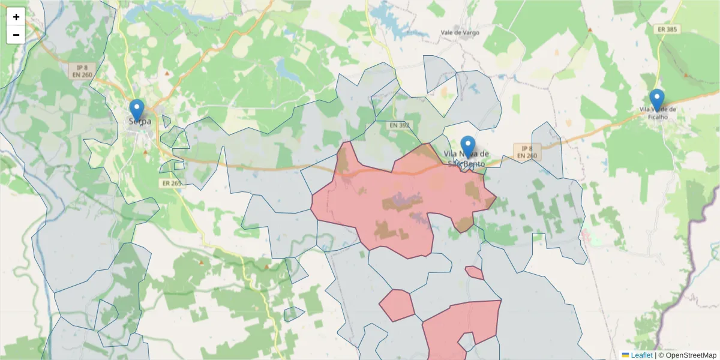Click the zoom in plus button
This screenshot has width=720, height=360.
click(16, 17)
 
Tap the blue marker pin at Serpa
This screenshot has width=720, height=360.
click(137, 110)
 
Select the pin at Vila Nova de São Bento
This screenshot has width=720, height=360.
click(468, 146)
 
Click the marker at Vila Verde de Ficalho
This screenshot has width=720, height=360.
click(657, 100)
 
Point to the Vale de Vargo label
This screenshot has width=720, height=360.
click(460, 32)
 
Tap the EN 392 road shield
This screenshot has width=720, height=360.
click(399, 125)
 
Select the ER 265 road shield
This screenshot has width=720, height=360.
click(172, 183)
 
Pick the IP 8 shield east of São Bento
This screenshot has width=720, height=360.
click(526, 152)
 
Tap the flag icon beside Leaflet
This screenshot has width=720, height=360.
click(625, 355)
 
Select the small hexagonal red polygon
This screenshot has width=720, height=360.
click(397, 305)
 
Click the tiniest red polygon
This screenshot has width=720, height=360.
click(474, 273)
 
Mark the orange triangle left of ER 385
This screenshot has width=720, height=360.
click(590, 29)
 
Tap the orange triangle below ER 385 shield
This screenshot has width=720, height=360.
click(686, 76)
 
